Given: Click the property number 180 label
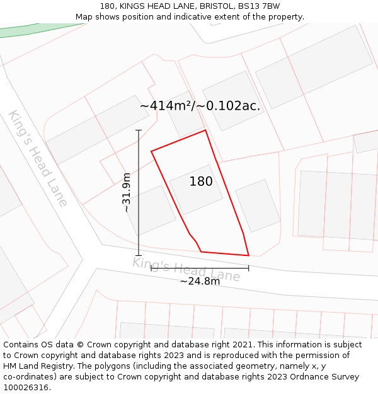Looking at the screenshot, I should click(201, 182).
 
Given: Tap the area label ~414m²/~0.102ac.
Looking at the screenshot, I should click(200, 106).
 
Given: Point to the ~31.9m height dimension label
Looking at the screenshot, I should click(127, 192).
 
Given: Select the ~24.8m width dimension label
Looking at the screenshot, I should click(200, 281).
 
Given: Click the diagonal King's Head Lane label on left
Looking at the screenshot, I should click(38, 158).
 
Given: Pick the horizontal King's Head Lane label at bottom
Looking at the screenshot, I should click(186, 269).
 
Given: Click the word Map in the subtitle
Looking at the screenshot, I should click(84, 17).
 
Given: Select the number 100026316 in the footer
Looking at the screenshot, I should click(25, 388).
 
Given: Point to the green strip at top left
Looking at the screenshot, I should click(38, 30).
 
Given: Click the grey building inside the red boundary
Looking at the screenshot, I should click(197, 189).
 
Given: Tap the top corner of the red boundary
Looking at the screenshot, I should click(205, 130).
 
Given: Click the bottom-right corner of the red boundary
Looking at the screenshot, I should click(249, 255).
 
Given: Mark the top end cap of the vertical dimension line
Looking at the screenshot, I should click(139, 130).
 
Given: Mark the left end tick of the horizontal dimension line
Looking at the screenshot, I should click(151, 268).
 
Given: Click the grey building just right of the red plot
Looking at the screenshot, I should click(258, 206).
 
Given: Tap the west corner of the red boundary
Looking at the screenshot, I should click(151, 151).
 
